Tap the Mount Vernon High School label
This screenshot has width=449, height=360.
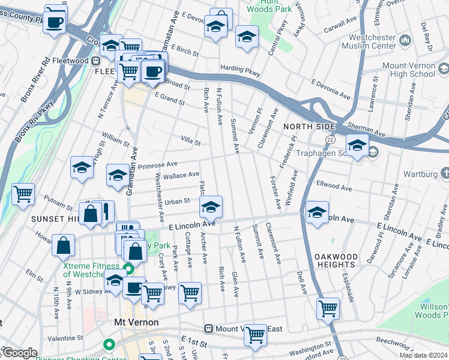(408, 69)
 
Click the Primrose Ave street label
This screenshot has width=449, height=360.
(158, 164)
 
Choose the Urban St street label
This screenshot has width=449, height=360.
(178, 202)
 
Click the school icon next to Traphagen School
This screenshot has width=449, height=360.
(357, 146)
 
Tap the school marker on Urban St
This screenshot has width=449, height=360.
(211, 208)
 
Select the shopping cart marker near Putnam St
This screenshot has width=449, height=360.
(23, 194)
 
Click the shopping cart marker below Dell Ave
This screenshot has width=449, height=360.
(328, 308)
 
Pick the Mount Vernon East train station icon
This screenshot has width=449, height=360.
(209, 329)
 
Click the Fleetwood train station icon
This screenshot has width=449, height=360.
(95, 61)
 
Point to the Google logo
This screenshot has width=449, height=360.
(19, 353)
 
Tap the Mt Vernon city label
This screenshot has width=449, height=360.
(136, 322)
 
